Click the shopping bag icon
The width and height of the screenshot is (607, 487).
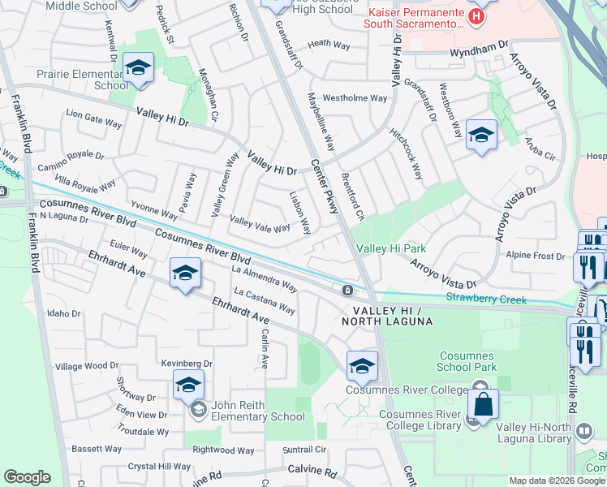point(482,405)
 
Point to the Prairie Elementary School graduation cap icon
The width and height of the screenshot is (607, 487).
point(138,67)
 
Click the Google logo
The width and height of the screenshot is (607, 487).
point(27,477)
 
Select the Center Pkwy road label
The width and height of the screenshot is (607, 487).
point(325,186)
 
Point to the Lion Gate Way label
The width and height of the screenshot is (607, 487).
point(94,118)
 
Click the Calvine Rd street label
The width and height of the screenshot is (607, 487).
point(312,471)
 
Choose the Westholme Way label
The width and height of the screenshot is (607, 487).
point(355,98)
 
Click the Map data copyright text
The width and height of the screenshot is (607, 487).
point(557,481)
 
